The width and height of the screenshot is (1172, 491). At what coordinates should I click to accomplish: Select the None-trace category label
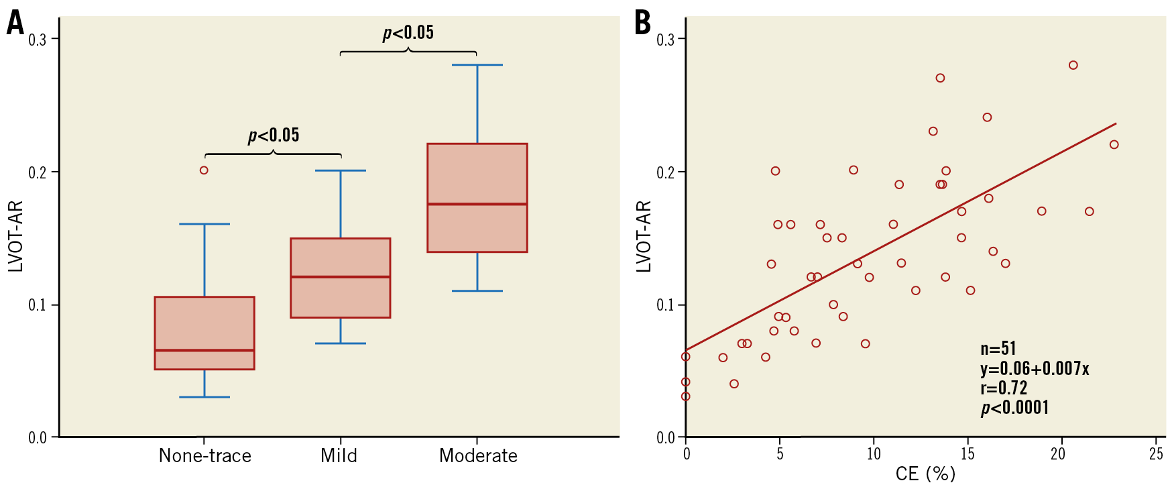click(x=205, y=456)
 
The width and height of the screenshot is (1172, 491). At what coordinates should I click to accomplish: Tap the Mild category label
click(x=339, y=456)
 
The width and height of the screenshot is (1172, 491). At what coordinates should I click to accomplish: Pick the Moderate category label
click(x=478, y=456)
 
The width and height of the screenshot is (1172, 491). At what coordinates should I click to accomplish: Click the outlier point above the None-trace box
click(x=204, y=170)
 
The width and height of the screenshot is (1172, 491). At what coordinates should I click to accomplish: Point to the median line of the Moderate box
click(x=477, y=204)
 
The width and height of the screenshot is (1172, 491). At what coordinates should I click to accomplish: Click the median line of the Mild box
click(x=341, y=277)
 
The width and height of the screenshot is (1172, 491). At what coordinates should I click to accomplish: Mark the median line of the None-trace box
click(x=204, y=350)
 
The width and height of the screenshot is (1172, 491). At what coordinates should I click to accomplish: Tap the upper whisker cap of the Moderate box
click(x=477, y=65)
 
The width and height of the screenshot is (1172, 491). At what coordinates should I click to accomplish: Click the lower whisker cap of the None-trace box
click(x=204, y=397)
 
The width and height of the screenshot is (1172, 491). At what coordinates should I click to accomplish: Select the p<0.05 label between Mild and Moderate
click(x=408, y=32)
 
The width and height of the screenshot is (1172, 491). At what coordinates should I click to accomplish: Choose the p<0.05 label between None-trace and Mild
click(x=274, y=135)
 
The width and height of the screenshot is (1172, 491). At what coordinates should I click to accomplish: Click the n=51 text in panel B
click(x=998, y=349)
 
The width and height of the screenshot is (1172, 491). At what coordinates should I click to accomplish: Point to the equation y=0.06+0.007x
click(x=1035, y=368)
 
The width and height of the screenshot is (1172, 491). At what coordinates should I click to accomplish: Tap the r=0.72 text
click(x=1004, y=388)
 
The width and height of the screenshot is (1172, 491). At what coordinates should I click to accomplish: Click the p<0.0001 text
click(x=1015, y=408)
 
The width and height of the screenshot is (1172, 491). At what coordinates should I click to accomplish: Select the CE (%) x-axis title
click(x=925, y=474)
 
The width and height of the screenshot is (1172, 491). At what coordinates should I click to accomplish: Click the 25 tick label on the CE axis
click(x=1156, y=454)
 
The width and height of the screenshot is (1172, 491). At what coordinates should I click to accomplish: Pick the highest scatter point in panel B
click(x=1073, y=65)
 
